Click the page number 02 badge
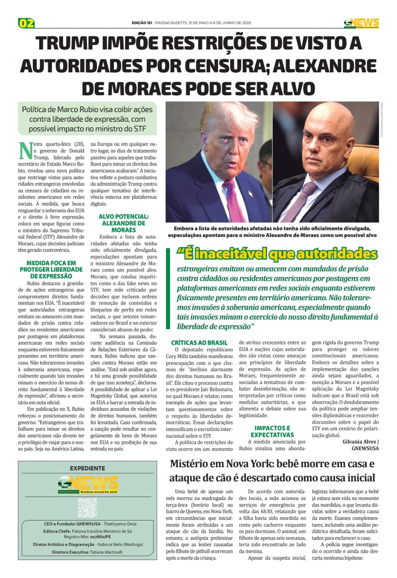tap(26, 23)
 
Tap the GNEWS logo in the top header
tap(361, 23)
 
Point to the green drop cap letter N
tap(25, 151)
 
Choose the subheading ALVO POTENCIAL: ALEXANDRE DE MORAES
tap(124, 223)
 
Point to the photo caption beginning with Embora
tap(272, 232)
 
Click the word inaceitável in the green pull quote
tap(230, 254)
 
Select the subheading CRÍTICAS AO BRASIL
tap(199, 342)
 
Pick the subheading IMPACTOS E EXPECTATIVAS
tap(272, 431)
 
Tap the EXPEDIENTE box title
tap(87, 468)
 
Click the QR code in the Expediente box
tap(87, 508)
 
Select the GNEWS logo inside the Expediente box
tap(88, 484)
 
